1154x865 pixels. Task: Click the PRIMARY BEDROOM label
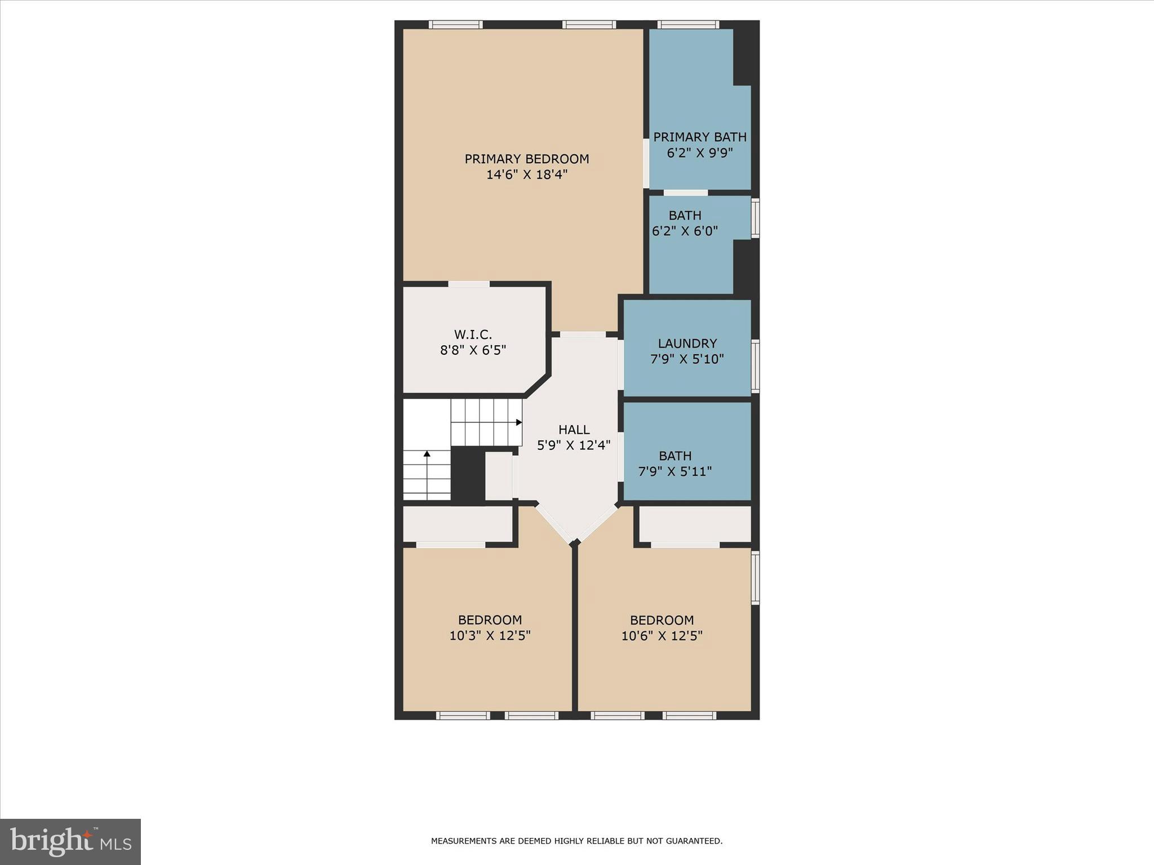[x=526, y=159]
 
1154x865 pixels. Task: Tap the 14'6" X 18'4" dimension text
[x=526, y=175]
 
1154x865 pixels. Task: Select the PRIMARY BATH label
[x=699, y=137]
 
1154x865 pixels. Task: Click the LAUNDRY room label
[x=687, y=344]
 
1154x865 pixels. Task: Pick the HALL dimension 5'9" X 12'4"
[x=574, y=445]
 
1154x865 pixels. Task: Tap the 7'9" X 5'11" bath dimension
[x=674, y=471]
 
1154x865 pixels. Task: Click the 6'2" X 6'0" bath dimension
[x=685, y=231]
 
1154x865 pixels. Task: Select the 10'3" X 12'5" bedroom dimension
[x=490, y=636]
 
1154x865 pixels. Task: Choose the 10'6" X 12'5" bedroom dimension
[x=662, y=636]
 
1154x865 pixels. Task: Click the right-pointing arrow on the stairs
[x=518, y=422]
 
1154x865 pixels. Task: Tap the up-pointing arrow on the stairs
[x=427, y=454]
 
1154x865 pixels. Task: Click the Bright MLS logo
[x=70, y=841]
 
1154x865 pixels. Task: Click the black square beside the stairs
[x=468, y=474]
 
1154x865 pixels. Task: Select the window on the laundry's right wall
[x=755, y=366]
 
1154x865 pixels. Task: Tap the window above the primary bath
[x=688, y=25]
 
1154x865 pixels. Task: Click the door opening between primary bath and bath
[x=685, y=193]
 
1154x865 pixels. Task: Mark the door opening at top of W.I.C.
[x=469, y=284]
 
